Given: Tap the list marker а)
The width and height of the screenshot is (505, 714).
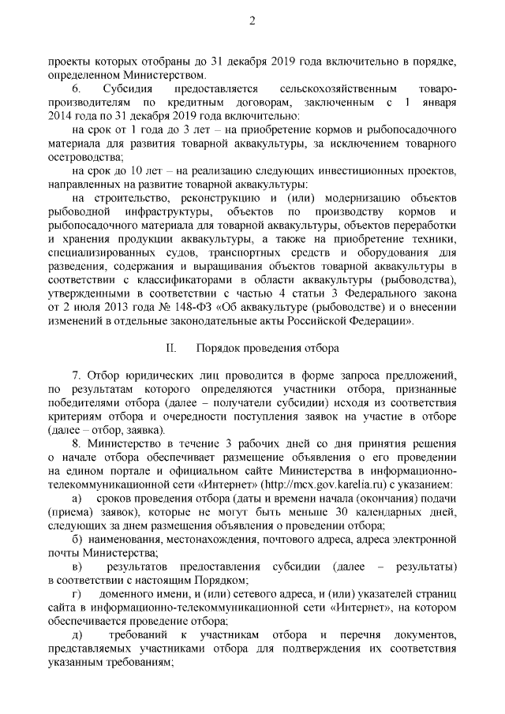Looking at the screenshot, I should [77, 499].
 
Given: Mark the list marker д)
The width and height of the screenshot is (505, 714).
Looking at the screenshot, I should [77, 635].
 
